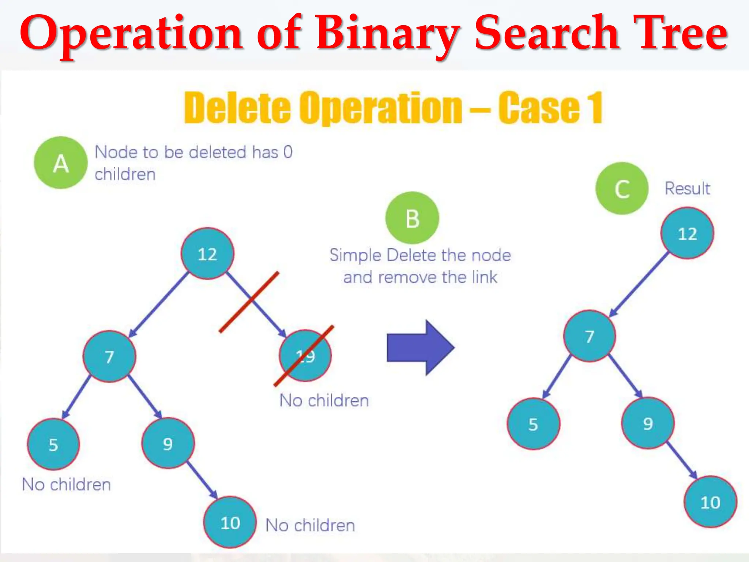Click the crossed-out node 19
[x=305, y=356]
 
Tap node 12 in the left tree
[x=207, y=254]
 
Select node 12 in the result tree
[x=687, y=233]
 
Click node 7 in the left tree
[x=109, y=356]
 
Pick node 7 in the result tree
[x=590, y=336]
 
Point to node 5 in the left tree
[x=53, y=444]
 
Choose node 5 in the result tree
[x=533, y=424]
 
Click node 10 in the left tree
[x=230, y=522]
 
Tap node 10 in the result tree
[x=710, y=502]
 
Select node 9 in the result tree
[x=648, y=423]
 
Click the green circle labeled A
[x=61, y=163]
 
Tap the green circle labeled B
[x=412, y=218]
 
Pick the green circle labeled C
[x=622, y=188]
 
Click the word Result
[x=687, y=188]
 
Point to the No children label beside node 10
[x=310, y=525]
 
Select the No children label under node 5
[x=66, y=484]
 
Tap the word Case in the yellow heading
[x=539, y=108]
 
